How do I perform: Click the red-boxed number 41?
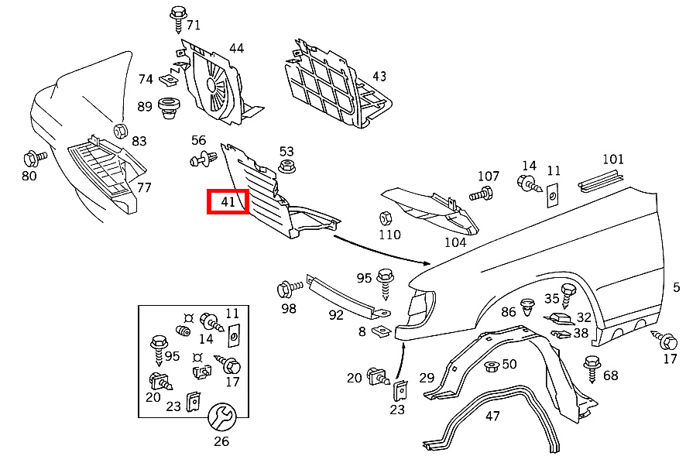(x=227, y=201)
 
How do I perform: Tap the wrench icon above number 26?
(x=221, y=418)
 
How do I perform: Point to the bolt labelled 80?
(x=34, y=158)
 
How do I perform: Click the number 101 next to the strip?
(x=612, y=159)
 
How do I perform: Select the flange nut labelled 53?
(x=285, y=166)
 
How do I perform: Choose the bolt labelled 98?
(x=288, y=290)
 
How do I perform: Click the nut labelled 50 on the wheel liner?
(x=489, y=365)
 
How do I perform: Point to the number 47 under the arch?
(x=492, y=416)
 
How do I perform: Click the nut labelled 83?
(x=121, y=129)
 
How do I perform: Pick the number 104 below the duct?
(x=455, y=242)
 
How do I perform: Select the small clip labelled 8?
(x=379, y=331)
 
